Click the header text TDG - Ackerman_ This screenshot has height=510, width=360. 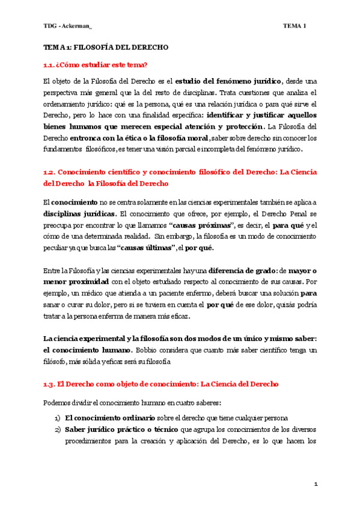click(x=67, y=26)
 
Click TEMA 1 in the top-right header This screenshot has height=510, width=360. click(x=294, y=26)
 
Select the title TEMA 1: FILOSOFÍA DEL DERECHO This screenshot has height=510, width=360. click(x=106, y=47)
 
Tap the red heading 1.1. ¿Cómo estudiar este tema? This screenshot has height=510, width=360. click(x=96, y=64)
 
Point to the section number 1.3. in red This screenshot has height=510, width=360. click(x=49, y=384)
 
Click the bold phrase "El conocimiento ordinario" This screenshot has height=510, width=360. click(x=110, y=417)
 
